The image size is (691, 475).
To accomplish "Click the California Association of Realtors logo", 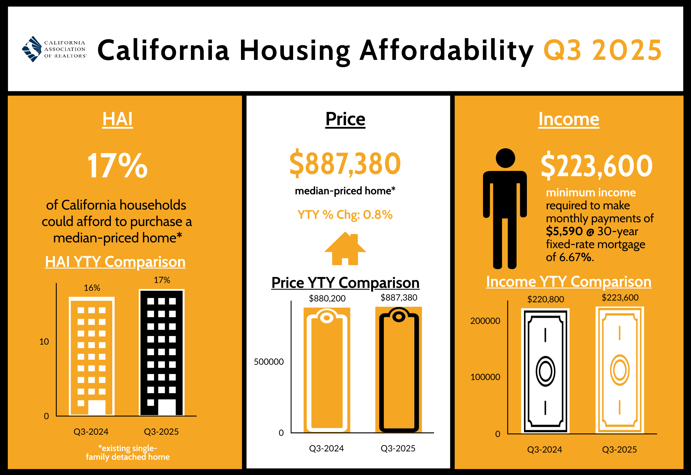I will [54, 49].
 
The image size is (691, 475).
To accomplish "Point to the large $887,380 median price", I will [345, 164].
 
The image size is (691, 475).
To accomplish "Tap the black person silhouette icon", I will [505, 208].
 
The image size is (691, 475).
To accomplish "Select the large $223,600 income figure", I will [596, 166].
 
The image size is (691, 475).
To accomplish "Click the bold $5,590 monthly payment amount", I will [564, 231].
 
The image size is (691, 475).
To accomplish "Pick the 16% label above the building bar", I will [92, 288].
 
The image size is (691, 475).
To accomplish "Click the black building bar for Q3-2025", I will [162, 353].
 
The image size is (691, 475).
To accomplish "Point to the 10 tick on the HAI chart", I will [44, 341].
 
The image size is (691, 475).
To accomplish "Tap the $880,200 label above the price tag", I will [327, 298].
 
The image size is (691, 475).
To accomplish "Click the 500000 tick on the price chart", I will [269, 362].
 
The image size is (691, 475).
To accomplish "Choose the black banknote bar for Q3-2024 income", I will [545, 371].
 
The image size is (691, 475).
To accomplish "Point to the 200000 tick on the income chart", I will [485, 321].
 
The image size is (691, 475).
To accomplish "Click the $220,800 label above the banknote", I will [546, 299].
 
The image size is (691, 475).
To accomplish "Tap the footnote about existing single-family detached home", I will [128, 452].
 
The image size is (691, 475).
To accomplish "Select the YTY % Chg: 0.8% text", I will [345, 214].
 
